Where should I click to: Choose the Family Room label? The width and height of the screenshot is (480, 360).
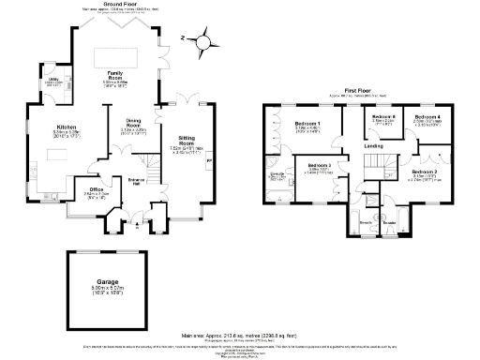click(x=116, y=73)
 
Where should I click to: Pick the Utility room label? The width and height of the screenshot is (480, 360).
click(x=54, y=81)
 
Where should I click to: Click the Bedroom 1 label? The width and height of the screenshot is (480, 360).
click(x=307, y=125)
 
